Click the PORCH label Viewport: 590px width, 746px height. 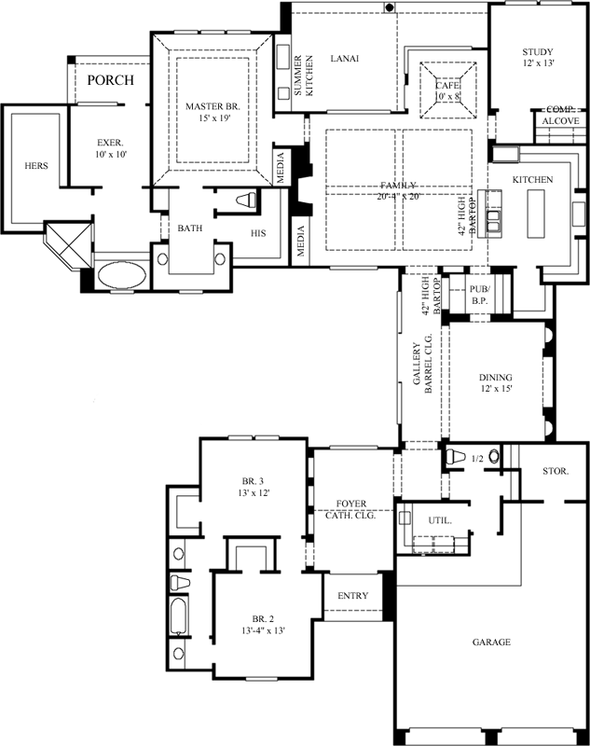tap(110, 80)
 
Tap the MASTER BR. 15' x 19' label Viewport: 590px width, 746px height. tap(213, 113)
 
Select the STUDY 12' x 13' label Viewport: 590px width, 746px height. tap(538, 58)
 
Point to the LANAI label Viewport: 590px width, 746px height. tap(345, 58)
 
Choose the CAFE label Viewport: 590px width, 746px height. tap(447, 90)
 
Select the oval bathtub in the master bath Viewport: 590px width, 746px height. tap(121, 278)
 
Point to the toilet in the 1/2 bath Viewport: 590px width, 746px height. tap(457, 458)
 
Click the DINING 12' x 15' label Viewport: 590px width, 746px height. tap(496, 382)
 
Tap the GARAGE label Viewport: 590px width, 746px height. tap(490, 642)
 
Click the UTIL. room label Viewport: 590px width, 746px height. tap(440, 520)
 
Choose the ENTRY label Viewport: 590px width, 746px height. tap(352, 596)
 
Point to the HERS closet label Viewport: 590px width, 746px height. tap(36, 166)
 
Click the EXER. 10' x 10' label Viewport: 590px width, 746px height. tap(111, 148)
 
